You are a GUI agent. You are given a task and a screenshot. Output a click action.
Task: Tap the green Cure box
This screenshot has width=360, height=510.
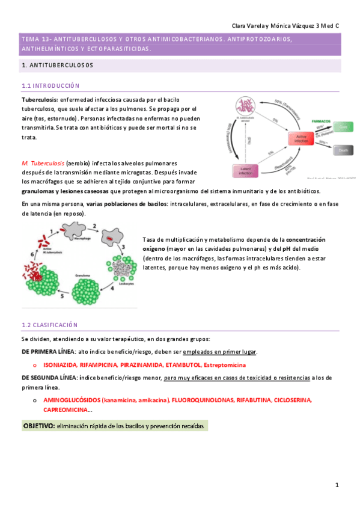344,127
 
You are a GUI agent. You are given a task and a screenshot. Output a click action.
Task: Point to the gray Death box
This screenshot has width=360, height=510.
344,150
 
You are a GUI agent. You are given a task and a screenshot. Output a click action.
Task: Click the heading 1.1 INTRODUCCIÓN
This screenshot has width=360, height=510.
50,86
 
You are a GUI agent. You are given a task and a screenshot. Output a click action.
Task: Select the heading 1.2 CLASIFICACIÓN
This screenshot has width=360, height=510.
49,325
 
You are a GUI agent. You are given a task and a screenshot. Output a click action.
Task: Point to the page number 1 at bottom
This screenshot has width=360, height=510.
337,485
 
